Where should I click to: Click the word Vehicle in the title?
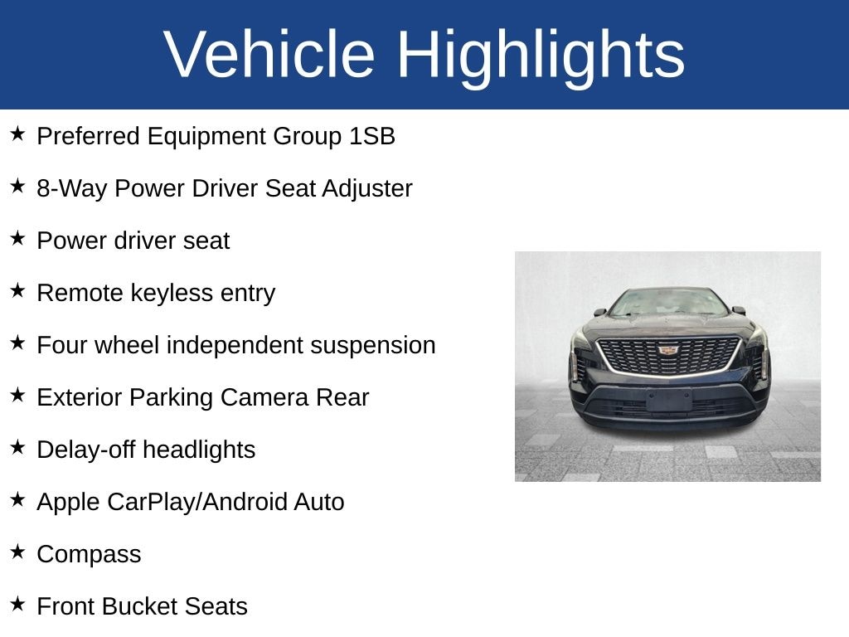coord(269,54)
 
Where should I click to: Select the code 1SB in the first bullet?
coord(372,136)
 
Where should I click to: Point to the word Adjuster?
coord(367,189)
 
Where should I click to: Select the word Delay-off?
coord(86,450)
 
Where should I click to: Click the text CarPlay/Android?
coord(197,503)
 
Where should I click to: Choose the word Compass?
coord(89,555)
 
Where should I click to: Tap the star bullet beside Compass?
coord(17,552)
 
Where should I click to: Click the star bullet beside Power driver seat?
coord(17,238)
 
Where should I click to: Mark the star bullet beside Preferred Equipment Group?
coord(17,134)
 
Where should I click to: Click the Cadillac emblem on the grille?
coord(669,350)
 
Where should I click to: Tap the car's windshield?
coord(669,302)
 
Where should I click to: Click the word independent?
coord(235,346)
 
